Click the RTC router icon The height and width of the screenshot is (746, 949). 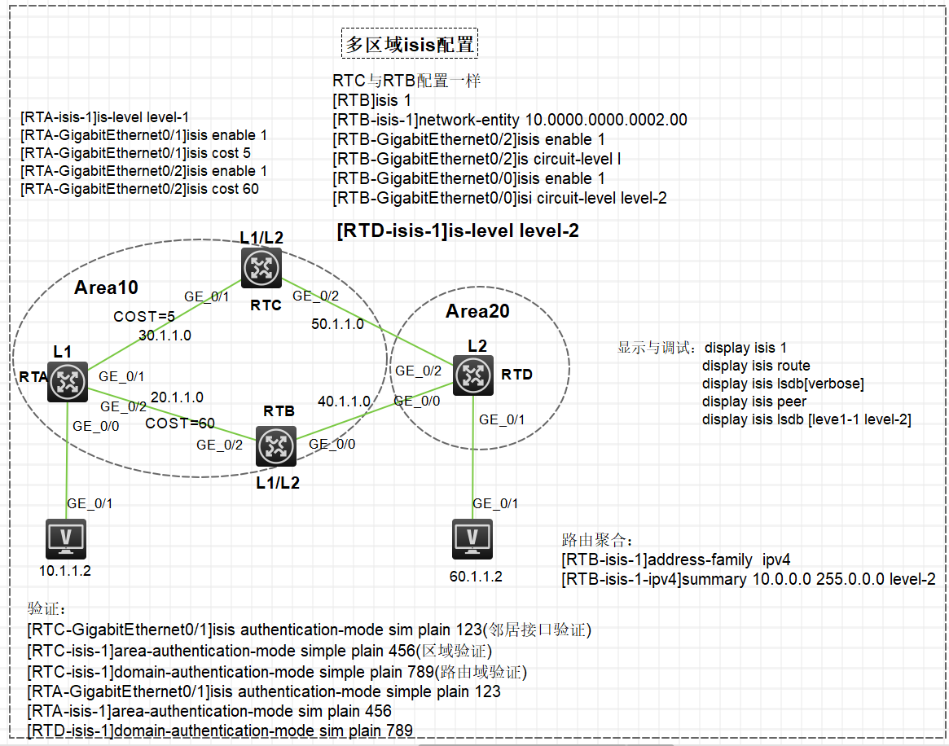(x=261, y=267)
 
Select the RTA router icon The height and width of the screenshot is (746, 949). (x=67, y=380)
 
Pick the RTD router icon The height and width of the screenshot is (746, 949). (x=473, y=375)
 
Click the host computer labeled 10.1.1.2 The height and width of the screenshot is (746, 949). (x=65, y=538)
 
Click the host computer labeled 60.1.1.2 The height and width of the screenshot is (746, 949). (x=472, y=538)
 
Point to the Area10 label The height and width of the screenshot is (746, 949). (x=106, y=287)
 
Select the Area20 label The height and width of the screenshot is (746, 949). (x=477, y=311)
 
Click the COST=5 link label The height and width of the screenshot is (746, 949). (x=144, y=316)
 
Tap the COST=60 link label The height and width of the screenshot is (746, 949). (x=180, y=423)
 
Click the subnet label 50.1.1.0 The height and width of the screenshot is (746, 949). (x=338, y=323)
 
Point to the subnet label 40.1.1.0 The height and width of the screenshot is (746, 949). (x=345, y=402)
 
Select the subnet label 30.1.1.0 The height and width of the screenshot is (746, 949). (x=165, y=335)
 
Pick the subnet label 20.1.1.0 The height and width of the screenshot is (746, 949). (x=177, y=397)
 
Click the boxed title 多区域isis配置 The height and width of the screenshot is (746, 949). (x=410, y=45)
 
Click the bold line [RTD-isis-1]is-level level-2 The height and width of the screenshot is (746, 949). (x=458, y=231)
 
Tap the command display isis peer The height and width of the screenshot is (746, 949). (x=754, y=402)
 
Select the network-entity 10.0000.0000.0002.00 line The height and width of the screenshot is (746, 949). (x=510, y=120)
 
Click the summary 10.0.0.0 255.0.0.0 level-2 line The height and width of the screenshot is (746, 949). (x=748, y=579)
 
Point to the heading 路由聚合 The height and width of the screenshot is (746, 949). (x=597, y=540)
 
